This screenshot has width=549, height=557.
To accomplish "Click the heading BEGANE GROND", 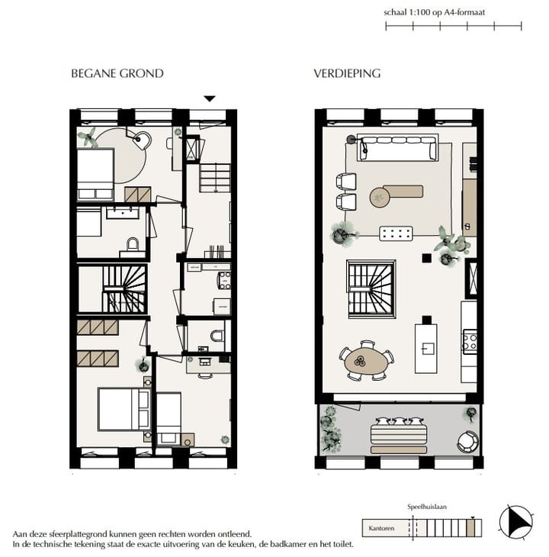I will (117, 74).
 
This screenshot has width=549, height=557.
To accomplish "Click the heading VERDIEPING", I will (347, 74).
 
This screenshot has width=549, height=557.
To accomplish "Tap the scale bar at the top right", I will (453, 27).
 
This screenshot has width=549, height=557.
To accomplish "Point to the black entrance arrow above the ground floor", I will (210, 98).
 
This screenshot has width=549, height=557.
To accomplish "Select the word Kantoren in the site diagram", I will (381, 527).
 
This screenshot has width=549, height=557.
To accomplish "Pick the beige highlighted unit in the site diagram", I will (472, 527).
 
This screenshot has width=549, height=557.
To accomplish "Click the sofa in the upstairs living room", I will (398, 147).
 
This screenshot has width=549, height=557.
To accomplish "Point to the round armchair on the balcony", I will (467, 440).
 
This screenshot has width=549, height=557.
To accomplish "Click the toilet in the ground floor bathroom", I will (133, 244).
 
